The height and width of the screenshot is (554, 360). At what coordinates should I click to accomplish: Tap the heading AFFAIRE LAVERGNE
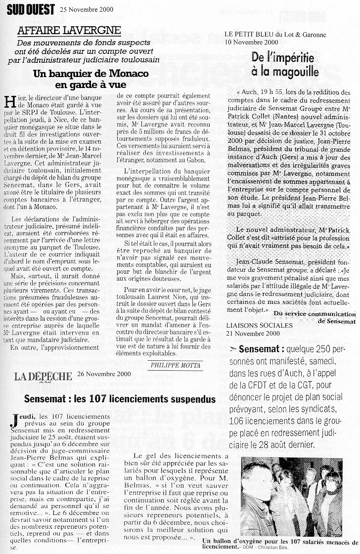tap(69, 31)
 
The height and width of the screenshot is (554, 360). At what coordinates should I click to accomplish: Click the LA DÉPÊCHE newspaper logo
tap(43, 376)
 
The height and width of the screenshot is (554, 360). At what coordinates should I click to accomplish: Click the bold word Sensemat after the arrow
tap(260, 349)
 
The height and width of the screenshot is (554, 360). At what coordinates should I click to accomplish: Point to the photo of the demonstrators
tap(291, 496)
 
